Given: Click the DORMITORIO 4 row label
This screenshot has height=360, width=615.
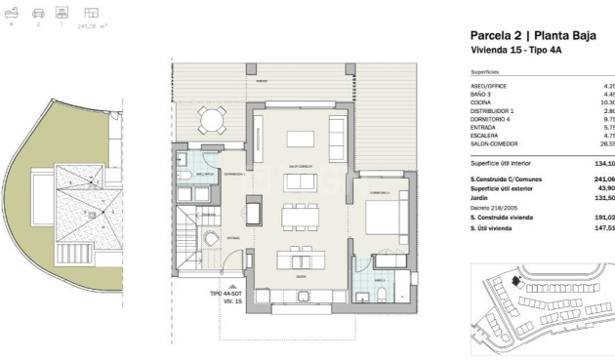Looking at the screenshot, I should [x=492, y=118].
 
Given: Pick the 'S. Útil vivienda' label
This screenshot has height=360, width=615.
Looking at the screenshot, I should [x=493, y=228].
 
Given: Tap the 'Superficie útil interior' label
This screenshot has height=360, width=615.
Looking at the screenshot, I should [x=500, y=165].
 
